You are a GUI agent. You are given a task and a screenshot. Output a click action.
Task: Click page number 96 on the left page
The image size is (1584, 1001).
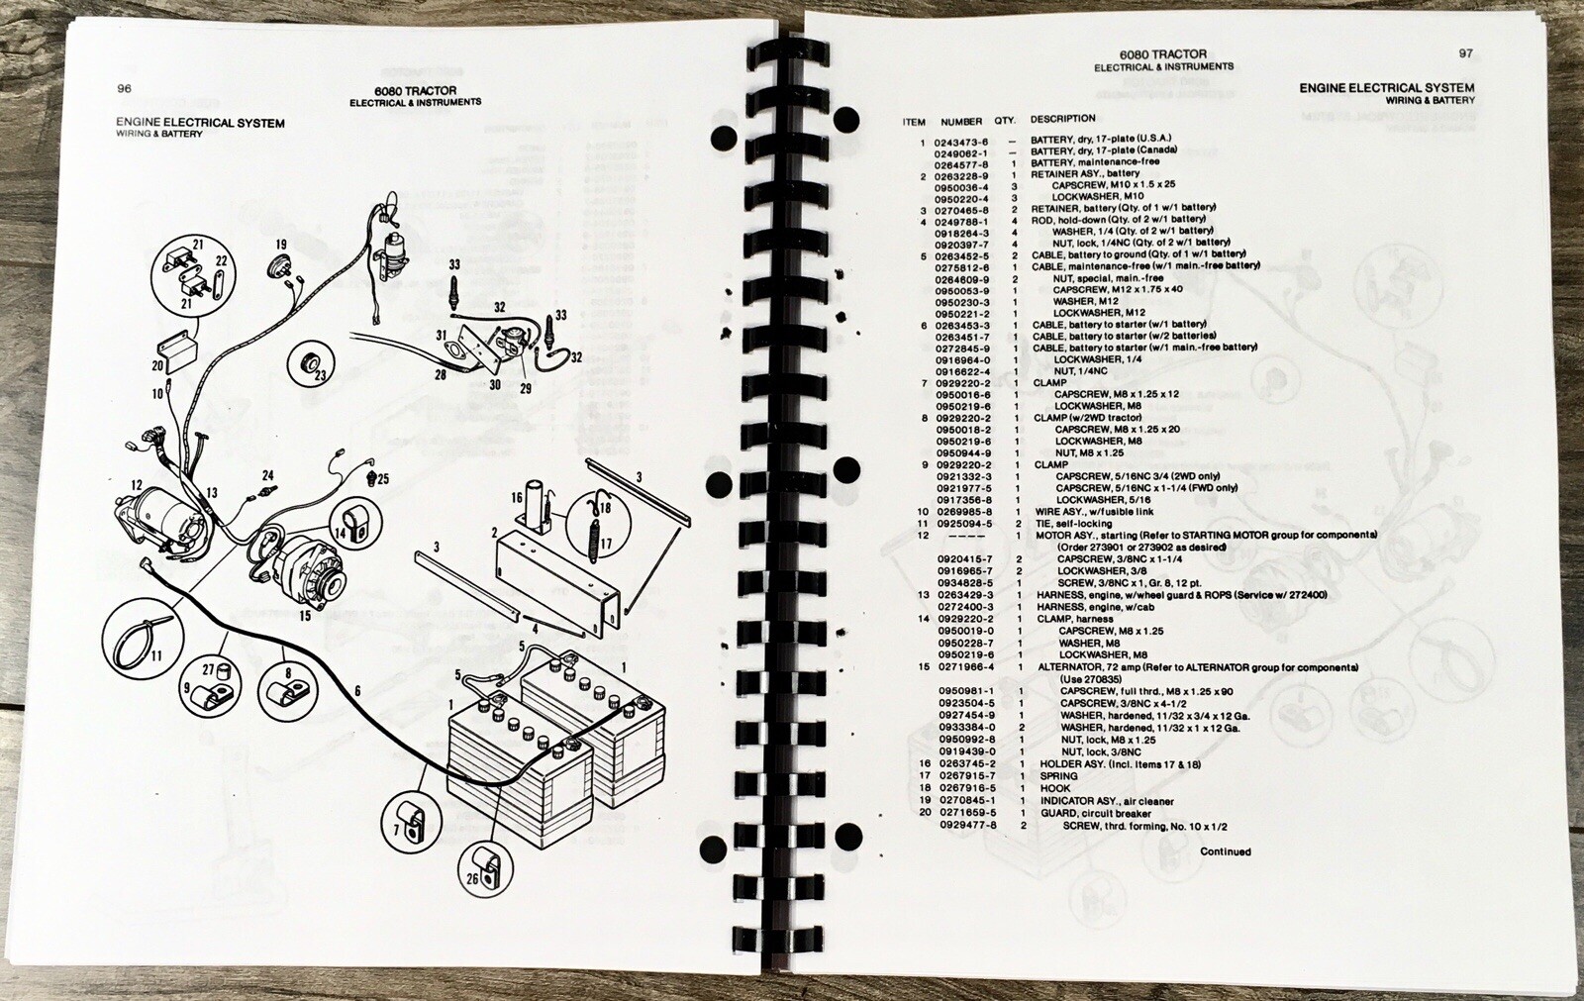coord(125,88)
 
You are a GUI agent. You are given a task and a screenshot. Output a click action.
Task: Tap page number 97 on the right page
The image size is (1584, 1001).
coord(1465,53)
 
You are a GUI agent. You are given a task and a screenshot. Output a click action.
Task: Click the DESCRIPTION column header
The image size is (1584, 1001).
coord(1062,119)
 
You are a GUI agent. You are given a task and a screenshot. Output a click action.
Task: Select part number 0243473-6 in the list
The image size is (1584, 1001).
coord(961,143)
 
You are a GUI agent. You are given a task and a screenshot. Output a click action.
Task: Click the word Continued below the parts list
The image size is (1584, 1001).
coord(1226,851)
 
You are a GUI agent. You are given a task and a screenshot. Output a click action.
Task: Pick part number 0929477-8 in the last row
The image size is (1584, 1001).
coord(967,826)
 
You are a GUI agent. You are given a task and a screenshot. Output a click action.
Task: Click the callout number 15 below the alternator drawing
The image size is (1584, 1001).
coord(304,616)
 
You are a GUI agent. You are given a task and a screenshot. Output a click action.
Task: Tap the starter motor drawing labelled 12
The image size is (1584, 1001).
coord(166,525)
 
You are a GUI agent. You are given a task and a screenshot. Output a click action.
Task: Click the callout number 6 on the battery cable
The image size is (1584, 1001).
coord(357,690)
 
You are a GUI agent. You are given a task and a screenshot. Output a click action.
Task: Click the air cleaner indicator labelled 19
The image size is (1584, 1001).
coord(281,269)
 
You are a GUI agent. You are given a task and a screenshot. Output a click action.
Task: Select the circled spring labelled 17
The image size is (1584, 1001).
coord(597,524)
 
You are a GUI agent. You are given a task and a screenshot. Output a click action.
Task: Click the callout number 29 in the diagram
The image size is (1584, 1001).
coord(526,388)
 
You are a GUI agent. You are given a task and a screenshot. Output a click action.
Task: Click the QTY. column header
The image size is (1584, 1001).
coord(1005,121)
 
